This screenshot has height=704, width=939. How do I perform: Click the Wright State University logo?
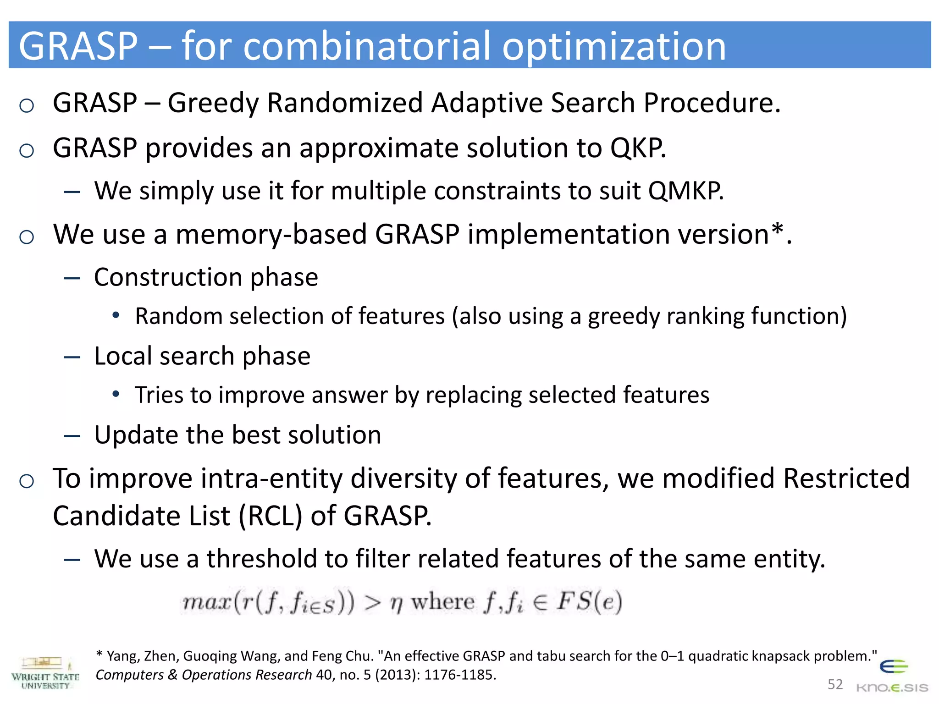pyautogui.click(x=45, y=673)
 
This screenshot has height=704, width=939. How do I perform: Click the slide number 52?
pyautogui.click(x=835, y=684)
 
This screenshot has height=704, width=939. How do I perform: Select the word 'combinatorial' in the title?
pyautogui.click(x=367, y=46)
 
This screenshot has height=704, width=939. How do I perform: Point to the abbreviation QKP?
pyautogui.click(x=638, y=148)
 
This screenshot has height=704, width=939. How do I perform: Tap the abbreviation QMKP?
pyautogui.click(x=685, y=191)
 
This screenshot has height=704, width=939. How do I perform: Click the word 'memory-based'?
pyautogui.click(x=271, y=234)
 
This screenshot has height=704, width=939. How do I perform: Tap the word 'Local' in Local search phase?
pyautogui.click(x=122, y=356)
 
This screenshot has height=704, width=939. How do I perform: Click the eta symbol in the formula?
pyautogui.click(x=396, y=604)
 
